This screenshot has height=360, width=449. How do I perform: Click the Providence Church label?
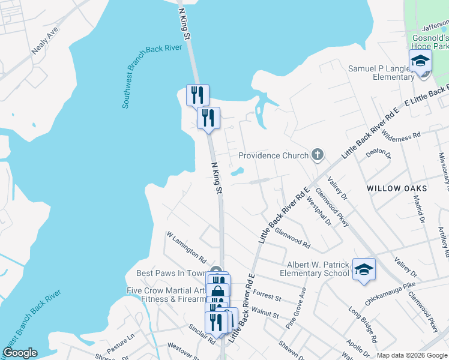pos(273,155)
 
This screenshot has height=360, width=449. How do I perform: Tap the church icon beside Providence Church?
pos(318,155)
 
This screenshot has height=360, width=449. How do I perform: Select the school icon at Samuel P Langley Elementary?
pos(420,61)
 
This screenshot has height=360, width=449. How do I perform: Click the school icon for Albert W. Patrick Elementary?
pos(364,269)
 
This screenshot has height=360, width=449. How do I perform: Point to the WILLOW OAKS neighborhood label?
pos(397,188)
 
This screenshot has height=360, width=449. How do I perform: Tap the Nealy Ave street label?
pos(44,40)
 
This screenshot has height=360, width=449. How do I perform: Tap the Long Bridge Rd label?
pos(363,325)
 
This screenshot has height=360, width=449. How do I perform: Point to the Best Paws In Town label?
pos(171,274)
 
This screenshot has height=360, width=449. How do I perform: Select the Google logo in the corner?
pos(19,353)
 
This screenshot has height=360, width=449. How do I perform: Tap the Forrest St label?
pos(267,295)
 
